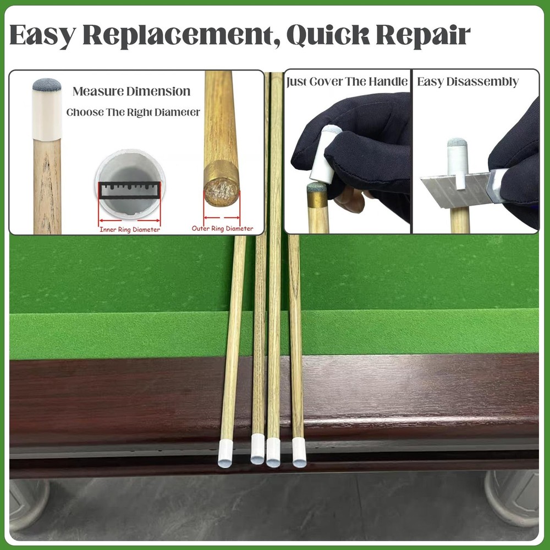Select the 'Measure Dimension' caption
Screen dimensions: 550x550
tap(131, 91)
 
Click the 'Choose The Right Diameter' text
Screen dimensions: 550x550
tap(133, 112)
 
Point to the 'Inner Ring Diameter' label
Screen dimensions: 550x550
tap(130, 229)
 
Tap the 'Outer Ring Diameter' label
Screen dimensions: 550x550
tap(223, 228)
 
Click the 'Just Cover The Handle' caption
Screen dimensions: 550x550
tap(347, 82)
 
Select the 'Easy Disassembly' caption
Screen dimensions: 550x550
tap(468, 82)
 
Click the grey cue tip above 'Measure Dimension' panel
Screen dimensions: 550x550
tap(47, 85)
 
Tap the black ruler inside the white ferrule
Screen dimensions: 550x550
tap(130, 190)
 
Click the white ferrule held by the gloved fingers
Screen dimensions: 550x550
tap(324, 154)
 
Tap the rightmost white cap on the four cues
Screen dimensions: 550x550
tap(299, 453)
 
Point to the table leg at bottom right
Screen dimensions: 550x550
tap(512, 498)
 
